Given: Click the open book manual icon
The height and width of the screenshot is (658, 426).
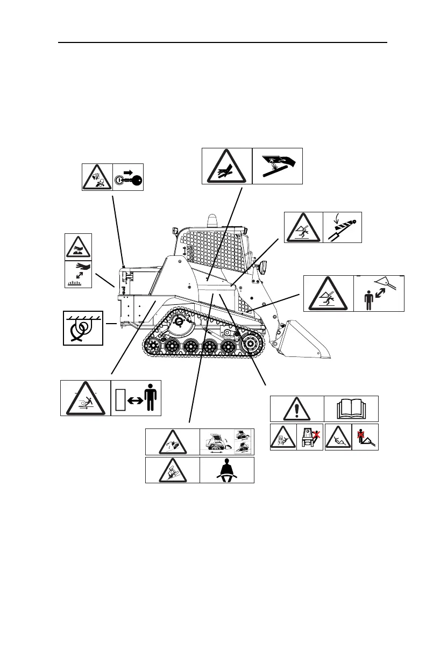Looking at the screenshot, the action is tap(351, 409).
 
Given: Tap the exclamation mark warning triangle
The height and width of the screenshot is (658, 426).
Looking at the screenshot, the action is tap(296, 409).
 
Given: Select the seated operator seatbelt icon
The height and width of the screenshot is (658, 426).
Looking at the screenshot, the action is tap(226, 470).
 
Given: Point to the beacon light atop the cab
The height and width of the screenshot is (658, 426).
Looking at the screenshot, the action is tap(210, 220).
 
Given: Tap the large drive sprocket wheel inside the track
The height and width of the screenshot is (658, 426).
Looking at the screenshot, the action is tap(250, 345).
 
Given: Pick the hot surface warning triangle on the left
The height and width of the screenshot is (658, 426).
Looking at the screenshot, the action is tap(77, 247).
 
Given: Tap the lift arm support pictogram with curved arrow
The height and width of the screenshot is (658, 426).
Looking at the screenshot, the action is tap(343, 227).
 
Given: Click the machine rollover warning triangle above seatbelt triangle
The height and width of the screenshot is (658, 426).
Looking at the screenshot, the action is tap(172, 442).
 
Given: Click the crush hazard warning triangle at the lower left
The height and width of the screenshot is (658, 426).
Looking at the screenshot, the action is tap(85, 398).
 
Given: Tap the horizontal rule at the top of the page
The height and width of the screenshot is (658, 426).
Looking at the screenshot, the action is tap(223, 42).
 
